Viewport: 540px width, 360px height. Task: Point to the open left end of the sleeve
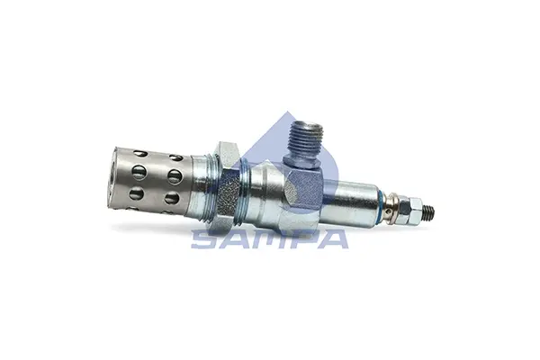(112, 177)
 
